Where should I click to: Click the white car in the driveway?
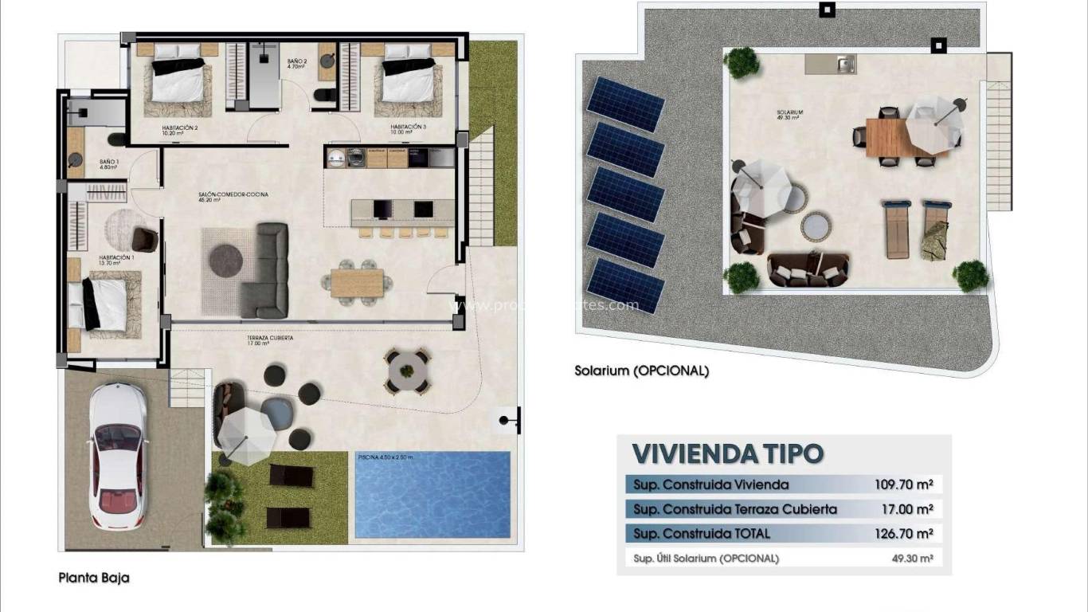[x=117, y=456]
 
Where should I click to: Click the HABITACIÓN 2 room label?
[x=179, y=127]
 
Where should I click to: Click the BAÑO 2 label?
[x=297, y=62]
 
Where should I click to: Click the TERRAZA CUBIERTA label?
[x=270, y=339]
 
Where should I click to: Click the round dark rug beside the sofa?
[x=226, y=261]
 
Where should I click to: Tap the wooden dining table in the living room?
[x=357, y=283]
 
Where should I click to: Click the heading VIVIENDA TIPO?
[x=727, y=453]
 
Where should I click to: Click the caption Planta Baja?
[x=93, y=578]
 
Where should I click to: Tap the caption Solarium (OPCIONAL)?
[x=641, y=371]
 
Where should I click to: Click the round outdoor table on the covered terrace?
[x=408, y=371]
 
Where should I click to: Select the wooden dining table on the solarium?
[x=886, y=138]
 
